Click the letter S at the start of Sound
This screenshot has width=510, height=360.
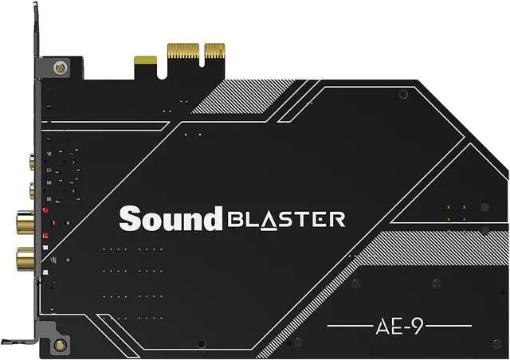[x=127, y=218]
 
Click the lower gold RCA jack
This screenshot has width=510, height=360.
[x=25, y=256]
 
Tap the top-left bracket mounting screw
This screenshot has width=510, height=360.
[x=60, y=68]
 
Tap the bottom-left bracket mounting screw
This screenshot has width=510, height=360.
[x=60, y=346]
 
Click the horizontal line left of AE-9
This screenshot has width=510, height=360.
[x=351, y=326]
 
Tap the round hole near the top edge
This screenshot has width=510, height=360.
[x=403, y=94]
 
